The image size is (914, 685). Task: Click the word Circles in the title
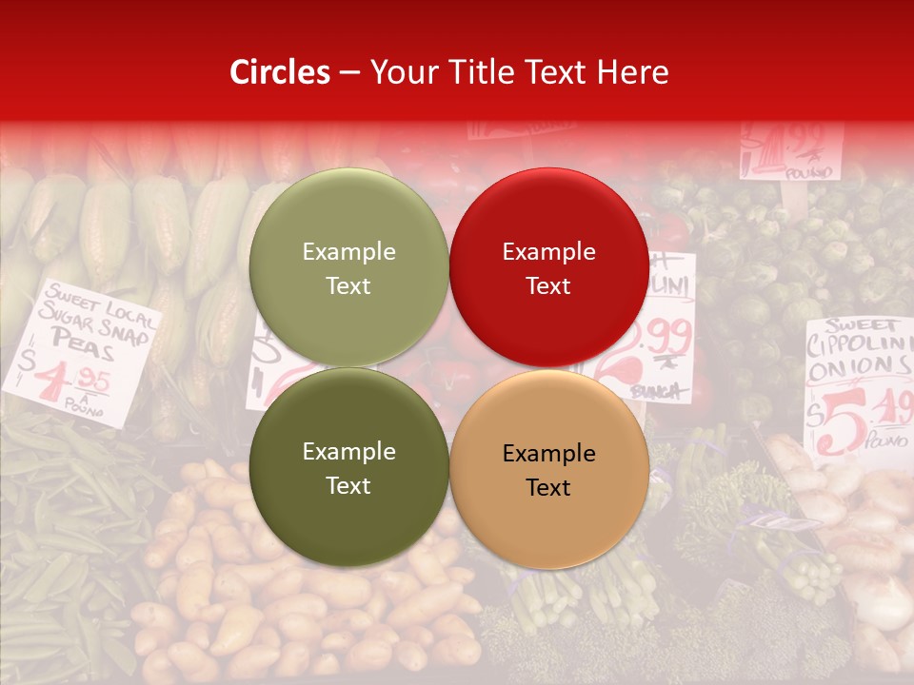[x=280, y=72]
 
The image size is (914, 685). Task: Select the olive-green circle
[x=348, y=268]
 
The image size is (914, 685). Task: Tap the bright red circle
[x=548, y=268]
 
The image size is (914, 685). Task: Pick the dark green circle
[x=348, y=468]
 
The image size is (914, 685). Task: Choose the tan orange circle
[x=548, y=469]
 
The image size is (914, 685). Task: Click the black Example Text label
[x=548, y=470]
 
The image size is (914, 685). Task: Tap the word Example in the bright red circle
[x=548, y=252]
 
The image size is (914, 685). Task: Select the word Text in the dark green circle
[x=348, y=485]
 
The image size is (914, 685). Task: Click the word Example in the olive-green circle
[x=348, y=252]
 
